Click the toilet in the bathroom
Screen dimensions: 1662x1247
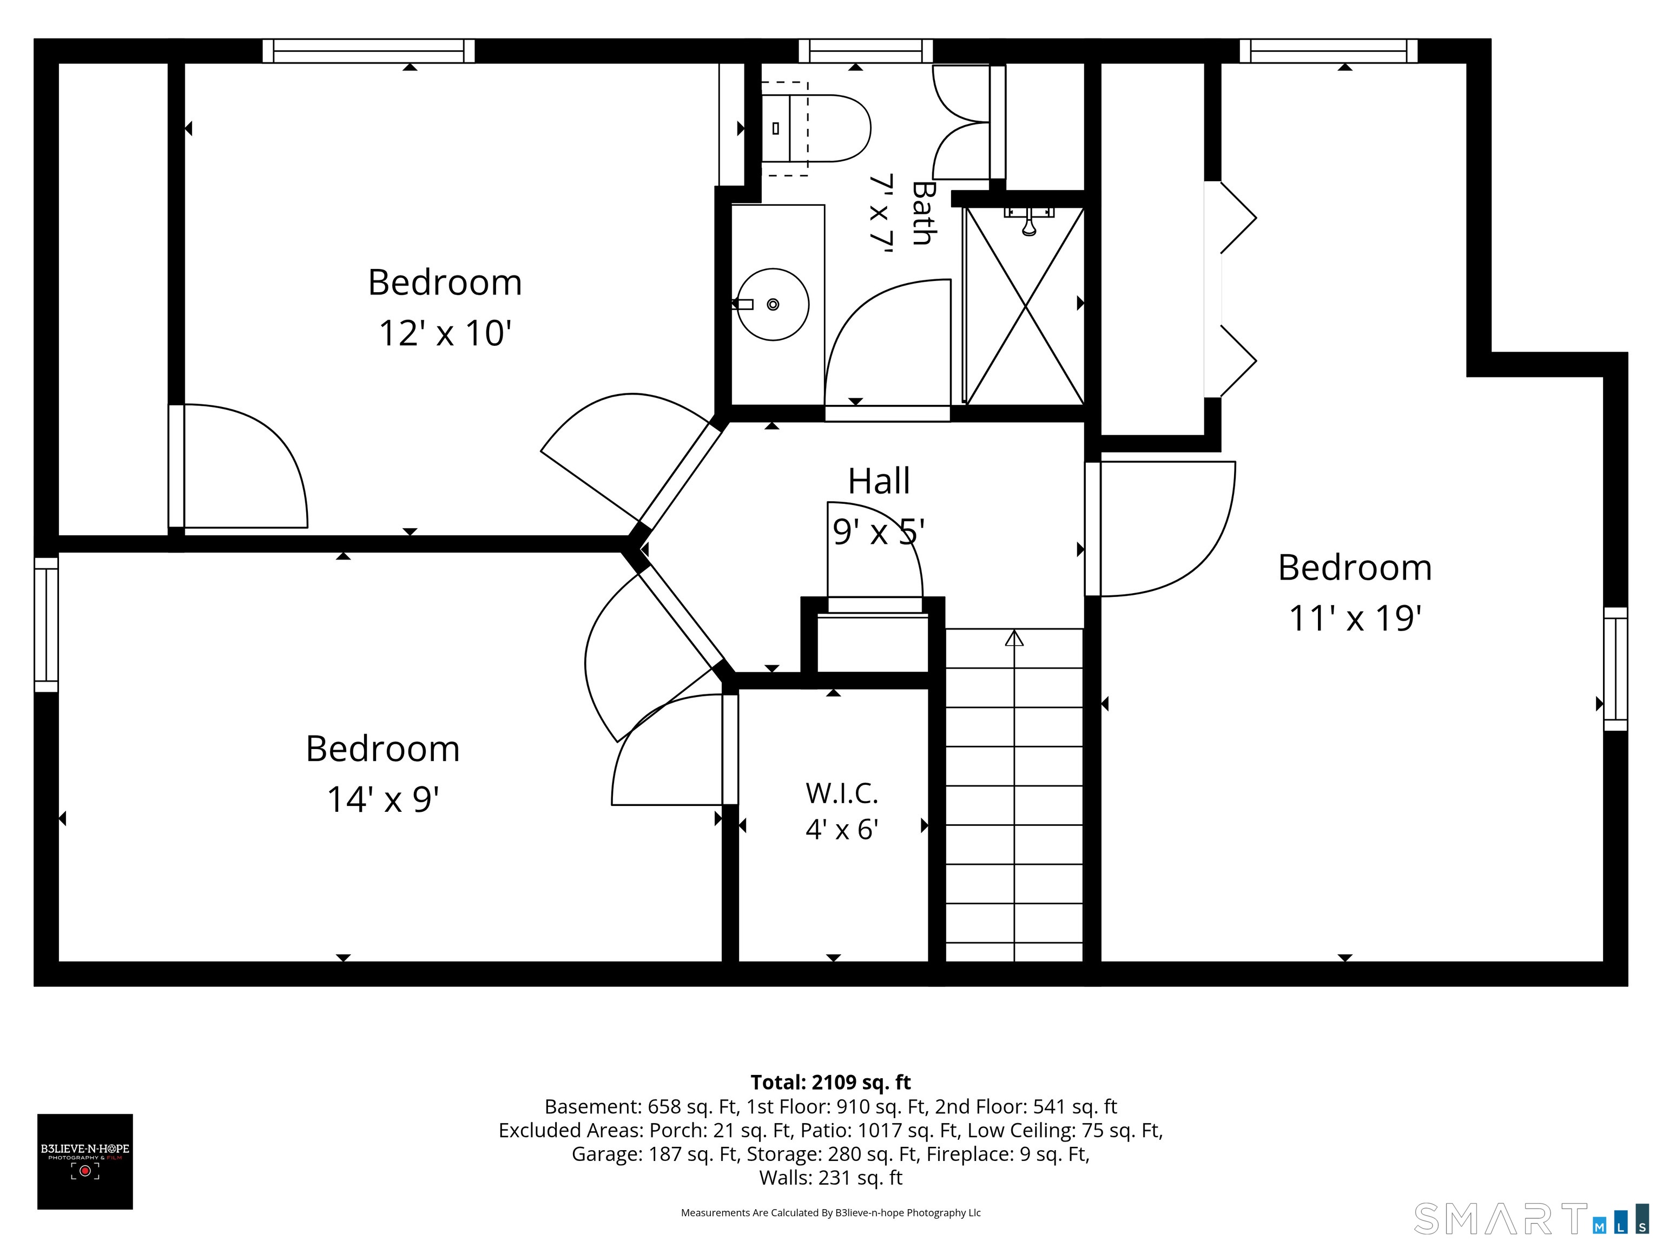click(x=815, y=128)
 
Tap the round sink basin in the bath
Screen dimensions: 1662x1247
click(x=773, y=304)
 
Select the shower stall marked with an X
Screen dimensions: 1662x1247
click(x=1025, y=306)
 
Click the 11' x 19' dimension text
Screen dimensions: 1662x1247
click(x=1355, y=619)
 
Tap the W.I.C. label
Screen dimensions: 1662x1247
click(x=841, y=793)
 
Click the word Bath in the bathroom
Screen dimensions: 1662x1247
click(x=922, y=213)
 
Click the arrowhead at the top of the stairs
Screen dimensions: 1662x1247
click(x=1014, y=638)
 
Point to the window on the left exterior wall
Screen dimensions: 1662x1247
click(x=46, y=625)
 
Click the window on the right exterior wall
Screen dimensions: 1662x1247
click(x=1615, y=669)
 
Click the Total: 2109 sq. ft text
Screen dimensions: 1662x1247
click(x=830, y=1082)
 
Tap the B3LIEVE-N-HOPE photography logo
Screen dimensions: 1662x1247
click(x=85, y=1161)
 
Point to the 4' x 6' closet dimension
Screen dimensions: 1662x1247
click(x=841, y=830)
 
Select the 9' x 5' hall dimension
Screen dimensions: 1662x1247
click(x=878, y=532)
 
